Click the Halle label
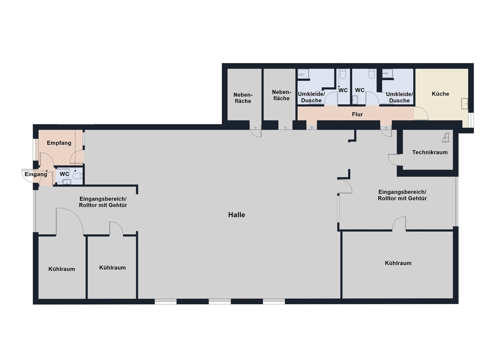click(237, 215)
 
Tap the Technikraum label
click(430, 152)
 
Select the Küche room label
click(440, 94)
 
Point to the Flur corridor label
click(357, 114)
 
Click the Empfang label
click(59, 143)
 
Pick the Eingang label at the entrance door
click(36, 174)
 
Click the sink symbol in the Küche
click(465, 104)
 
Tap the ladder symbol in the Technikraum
click(446, 138)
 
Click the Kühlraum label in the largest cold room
click(398, 263)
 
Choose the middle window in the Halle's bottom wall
click(220, 301)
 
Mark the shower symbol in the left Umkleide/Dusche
click(303, 75)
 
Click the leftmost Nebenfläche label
click(243, 98)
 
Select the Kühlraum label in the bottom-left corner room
click(62, 269)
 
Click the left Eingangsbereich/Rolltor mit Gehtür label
click(103, 202)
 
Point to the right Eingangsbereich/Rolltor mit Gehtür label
click(402, 195)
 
